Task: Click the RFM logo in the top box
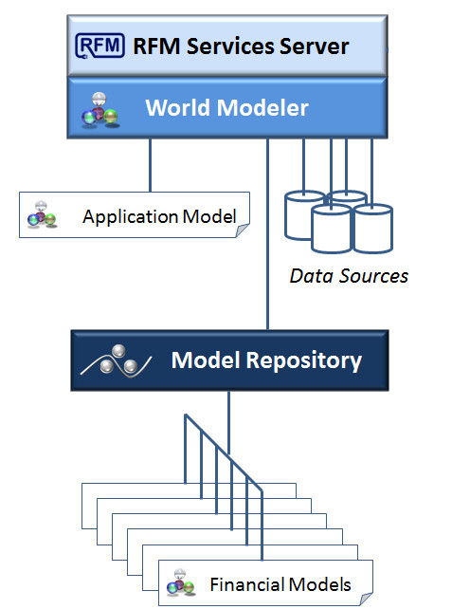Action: tap(99, 46)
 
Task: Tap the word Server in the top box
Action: tap(315, 46)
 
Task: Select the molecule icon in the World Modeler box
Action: tap(99, 110)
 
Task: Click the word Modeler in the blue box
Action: tap(262, 107)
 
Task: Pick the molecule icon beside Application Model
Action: tap(42, 214)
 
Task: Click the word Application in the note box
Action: tap(130, 217)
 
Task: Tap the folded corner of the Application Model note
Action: tap(243, 231)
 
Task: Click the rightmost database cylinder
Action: tap(373, 228)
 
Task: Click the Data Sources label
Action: tap(349, 276)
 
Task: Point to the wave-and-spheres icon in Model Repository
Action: tap(116, 360)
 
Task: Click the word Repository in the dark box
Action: tap(304, 361)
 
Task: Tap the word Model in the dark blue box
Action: tap(206, 360)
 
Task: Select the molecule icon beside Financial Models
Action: tap(180, 581)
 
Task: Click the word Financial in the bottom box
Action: tap(246, 584)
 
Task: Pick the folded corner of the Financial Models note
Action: tap(366, 599)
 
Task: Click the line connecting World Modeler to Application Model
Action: tap(151, 165)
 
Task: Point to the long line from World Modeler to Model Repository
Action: tap(267, 234)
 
